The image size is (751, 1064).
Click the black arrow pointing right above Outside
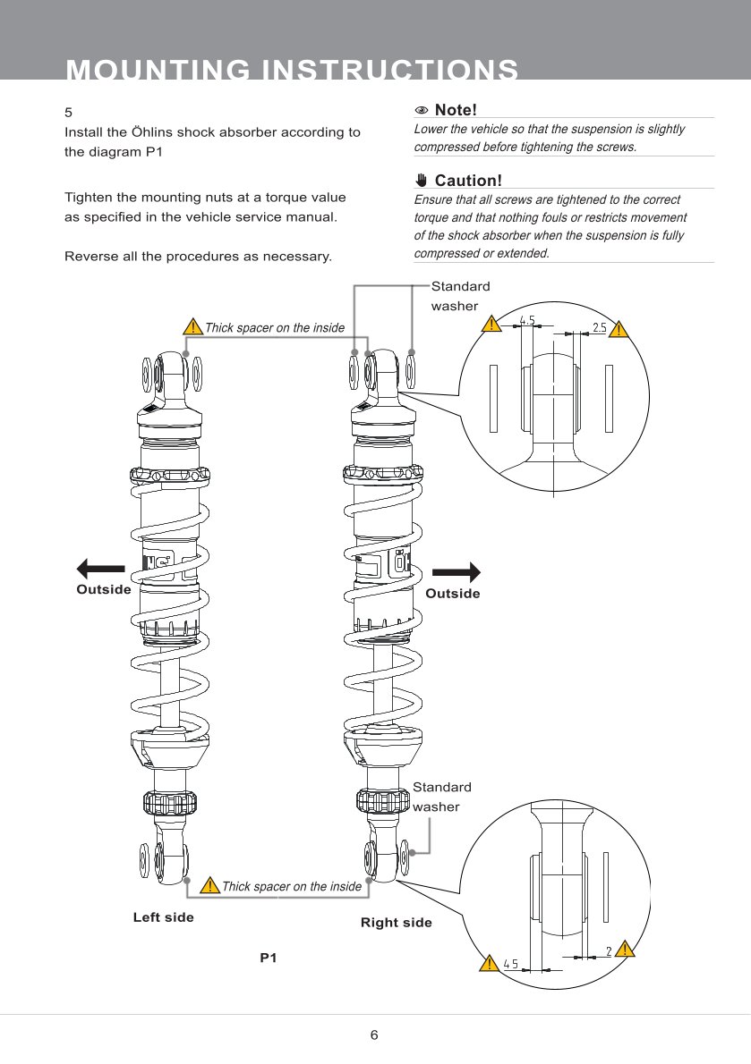point(457,571)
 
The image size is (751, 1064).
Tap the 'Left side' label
point(163,917)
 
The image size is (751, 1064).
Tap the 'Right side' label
point(396,923)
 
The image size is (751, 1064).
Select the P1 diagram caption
point(269,958)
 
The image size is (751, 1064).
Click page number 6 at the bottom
point(374,1035)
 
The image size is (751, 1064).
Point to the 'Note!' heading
point(456,110)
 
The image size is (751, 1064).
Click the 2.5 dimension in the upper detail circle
point(599,327)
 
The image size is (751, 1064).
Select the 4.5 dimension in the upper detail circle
point(527,321)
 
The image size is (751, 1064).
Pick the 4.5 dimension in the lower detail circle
point(510,964)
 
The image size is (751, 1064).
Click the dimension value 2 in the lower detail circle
point(609,951)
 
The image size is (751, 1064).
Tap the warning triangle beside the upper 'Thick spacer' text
point(192,327)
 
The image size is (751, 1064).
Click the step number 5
point(68,114)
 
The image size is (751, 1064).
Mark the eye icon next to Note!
point(422,110)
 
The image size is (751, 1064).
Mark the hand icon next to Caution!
point(422,181)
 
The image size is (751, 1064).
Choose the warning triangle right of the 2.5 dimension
point(621,328)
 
